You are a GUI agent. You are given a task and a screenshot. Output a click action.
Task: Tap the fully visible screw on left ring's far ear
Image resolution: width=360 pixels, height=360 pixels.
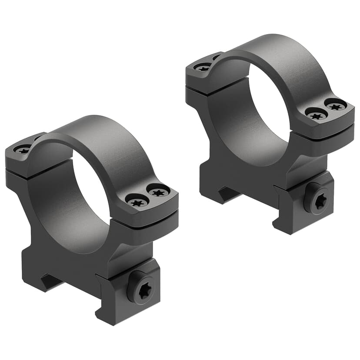pyautogui.click(x=22, y=150)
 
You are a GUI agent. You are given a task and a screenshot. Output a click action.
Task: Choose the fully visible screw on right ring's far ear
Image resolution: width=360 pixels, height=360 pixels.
pyautogui.click(x=202, y=67)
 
